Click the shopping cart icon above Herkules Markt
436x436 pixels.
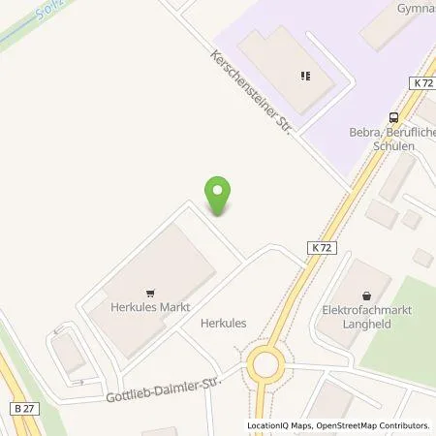(149, 291)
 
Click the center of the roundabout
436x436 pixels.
(266, 367)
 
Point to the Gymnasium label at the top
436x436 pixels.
(414, 8)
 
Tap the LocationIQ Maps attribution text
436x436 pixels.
(283, 425)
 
